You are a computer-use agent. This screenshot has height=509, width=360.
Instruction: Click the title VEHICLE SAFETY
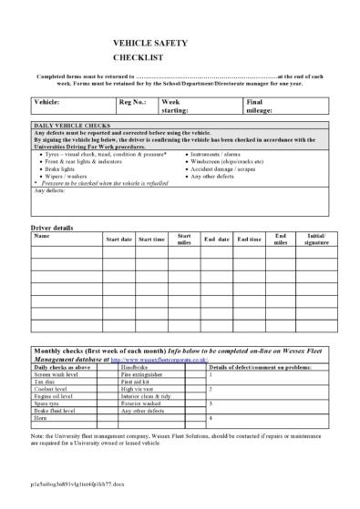(145, 42)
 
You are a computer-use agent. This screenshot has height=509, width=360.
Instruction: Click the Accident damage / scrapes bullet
(225, 169)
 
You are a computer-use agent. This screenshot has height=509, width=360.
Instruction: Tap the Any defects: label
(49, 190)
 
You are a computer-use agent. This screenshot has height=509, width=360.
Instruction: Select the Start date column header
(118, 239)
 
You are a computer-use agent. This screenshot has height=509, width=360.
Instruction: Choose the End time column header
(249, 239)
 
